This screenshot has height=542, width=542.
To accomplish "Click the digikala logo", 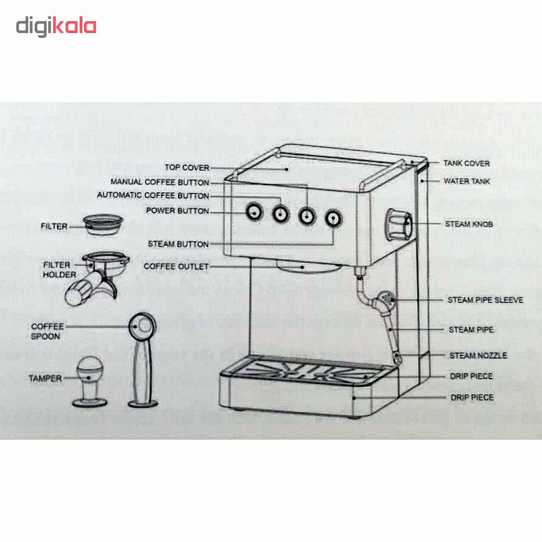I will pyautogui.click(x=56, y=26).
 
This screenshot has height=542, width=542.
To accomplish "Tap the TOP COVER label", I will pyautogui.click(x=187, y=167).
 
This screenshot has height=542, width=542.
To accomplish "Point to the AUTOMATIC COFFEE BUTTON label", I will pyautogui.click(x=153, y=196).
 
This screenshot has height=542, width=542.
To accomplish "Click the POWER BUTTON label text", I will pyautogui.click(x=178, y=211).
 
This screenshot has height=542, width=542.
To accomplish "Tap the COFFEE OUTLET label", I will pyautogui.click(x=176, y=266).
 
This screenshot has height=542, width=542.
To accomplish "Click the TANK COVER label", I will pyautogui.click(x=466, y=164).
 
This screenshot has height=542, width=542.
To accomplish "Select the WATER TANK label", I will pyautogui.click(x=466, y=181).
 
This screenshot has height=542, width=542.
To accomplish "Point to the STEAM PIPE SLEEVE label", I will pyautogui.click(x=485, y=299).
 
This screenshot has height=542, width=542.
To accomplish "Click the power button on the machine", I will pyautogui.click(x=253, y=212).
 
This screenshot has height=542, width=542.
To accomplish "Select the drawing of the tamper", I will pyautogui.click(x=89, y=380).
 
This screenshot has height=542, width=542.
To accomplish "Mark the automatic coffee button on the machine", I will pyautogui.click(x=280, y=213).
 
